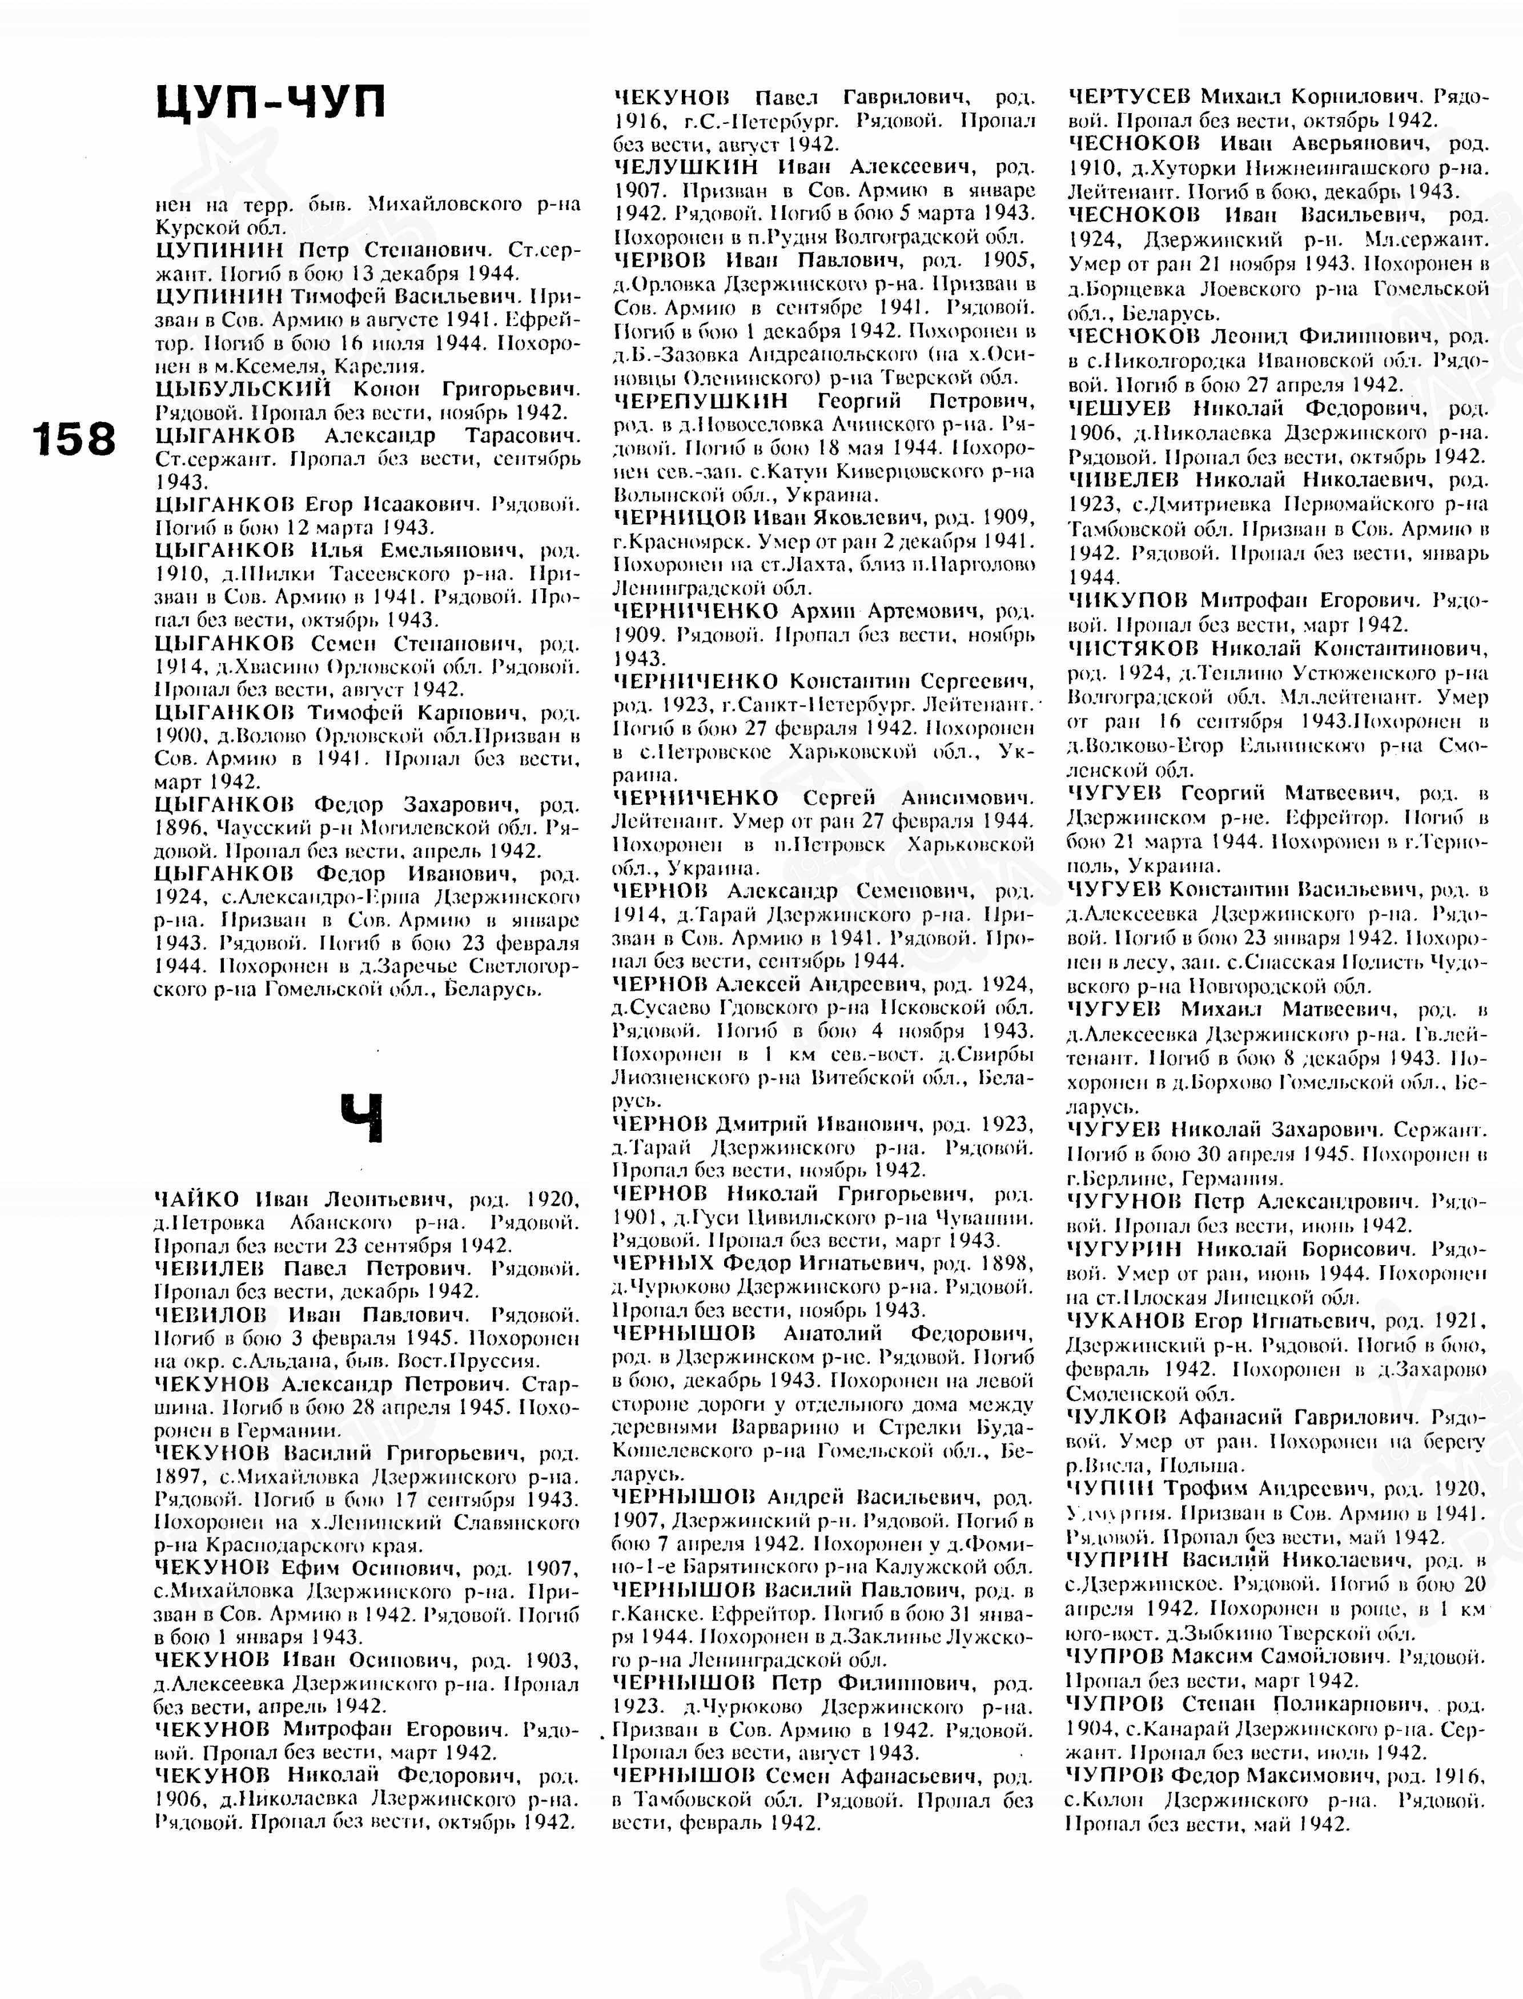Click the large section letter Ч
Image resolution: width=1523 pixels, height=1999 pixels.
point(363,1118)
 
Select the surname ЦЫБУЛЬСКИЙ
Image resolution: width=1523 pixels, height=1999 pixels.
point(243,389)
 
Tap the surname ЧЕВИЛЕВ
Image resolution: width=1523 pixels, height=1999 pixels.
point(210,1267)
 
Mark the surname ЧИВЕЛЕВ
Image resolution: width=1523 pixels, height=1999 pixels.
point(1123,479)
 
